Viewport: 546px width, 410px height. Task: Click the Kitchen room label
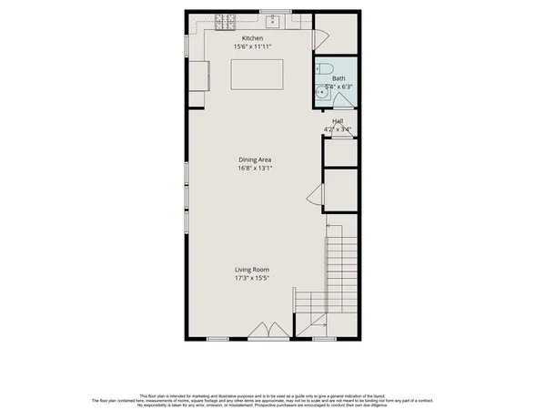click(x=253, y=37)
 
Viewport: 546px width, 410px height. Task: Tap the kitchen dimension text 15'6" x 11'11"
click(x=253, y=46)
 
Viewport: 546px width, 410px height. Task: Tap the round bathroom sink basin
click(x=320, y=91)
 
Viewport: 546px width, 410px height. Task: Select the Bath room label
click(x=338, y=79)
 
